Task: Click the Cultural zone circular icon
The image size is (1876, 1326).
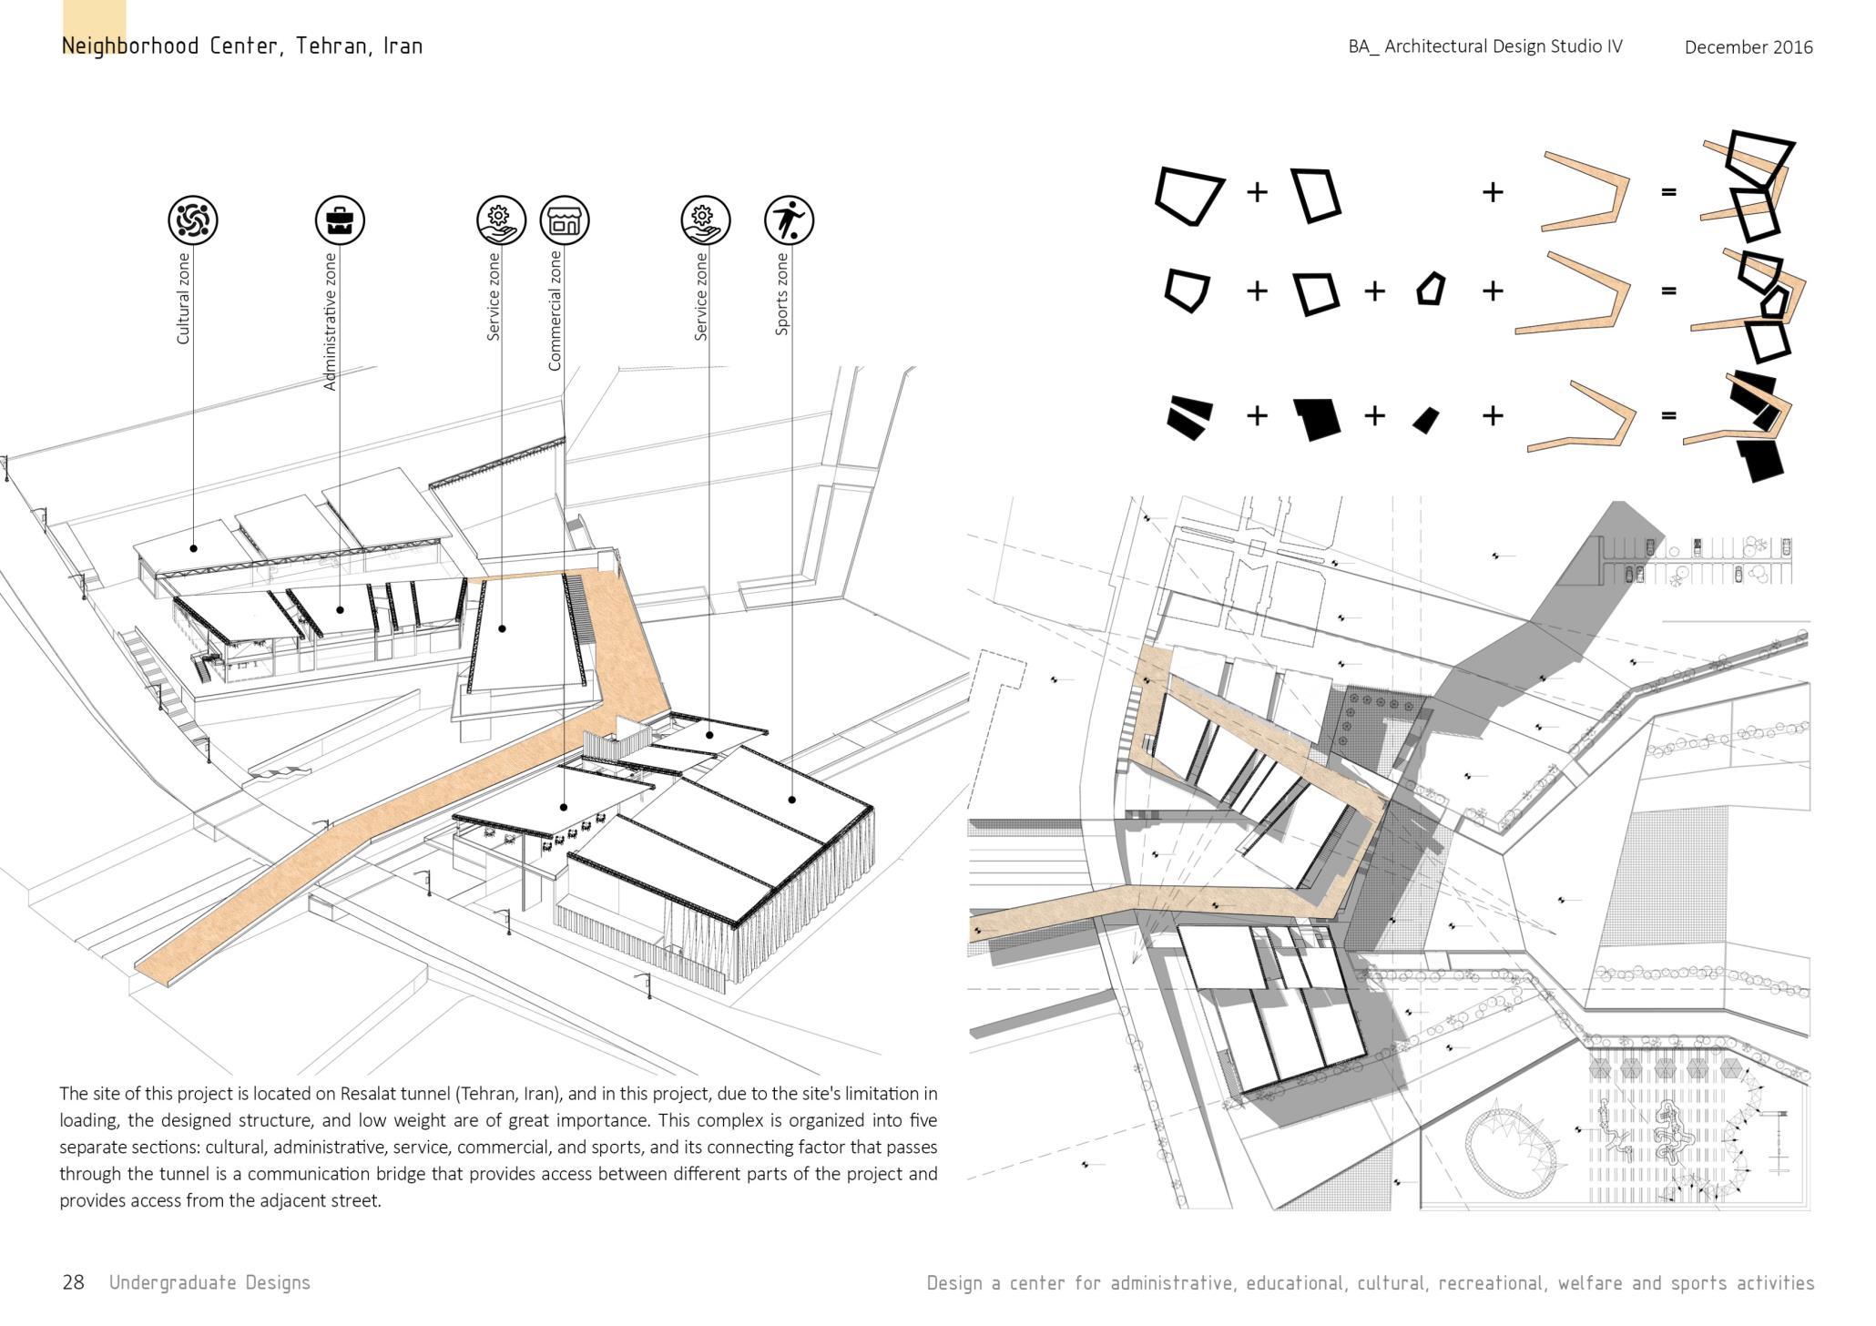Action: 192,219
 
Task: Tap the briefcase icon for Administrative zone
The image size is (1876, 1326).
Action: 340,219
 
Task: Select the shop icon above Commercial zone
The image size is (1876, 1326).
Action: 565,219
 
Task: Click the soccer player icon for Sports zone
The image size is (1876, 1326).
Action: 789,219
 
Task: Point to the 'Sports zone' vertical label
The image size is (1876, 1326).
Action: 781,294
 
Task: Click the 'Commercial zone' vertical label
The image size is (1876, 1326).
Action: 555,311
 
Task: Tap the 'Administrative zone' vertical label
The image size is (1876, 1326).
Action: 330,321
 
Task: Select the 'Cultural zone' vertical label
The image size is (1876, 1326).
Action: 183,298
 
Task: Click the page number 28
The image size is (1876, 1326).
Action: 73,1282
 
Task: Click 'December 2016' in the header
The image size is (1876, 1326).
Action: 1748,47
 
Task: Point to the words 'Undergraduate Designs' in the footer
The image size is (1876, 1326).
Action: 209,1282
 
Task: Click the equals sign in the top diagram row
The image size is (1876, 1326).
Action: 1668,192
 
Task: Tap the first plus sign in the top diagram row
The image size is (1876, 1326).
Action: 1257,192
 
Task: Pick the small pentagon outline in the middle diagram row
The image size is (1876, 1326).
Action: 1431,290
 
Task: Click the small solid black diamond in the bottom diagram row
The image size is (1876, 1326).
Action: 1425,419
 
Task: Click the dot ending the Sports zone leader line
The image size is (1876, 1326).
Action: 791,800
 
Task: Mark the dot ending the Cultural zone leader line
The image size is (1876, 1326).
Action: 193,548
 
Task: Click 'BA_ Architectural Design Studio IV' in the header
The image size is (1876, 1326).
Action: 1484,46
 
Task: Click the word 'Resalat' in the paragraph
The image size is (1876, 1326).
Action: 367,1093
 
